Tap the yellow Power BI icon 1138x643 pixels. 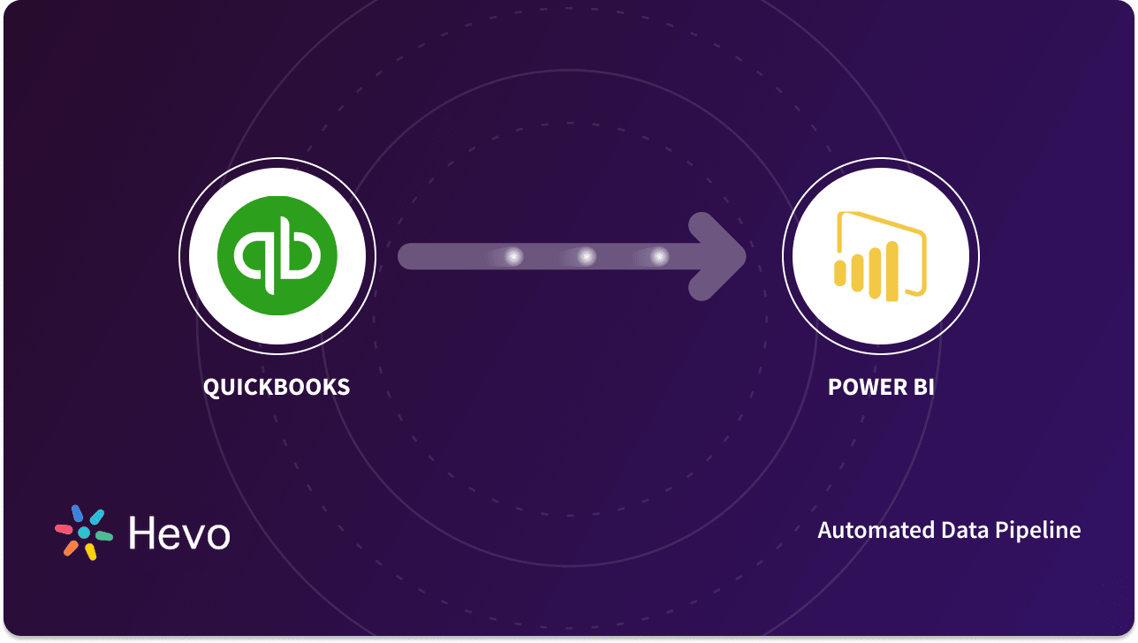pos(880,255)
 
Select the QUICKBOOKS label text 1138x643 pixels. pos(277,387)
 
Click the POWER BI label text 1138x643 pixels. pos(881,387)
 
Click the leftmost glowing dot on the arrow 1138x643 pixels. pos(513,257)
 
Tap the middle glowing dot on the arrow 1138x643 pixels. pos(586,257)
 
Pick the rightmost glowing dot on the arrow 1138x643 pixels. pos(659,257)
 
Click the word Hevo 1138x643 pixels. pos(179,533)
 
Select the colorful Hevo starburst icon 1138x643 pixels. pos(84,533)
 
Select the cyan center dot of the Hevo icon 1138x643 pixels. pos(84,533)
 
